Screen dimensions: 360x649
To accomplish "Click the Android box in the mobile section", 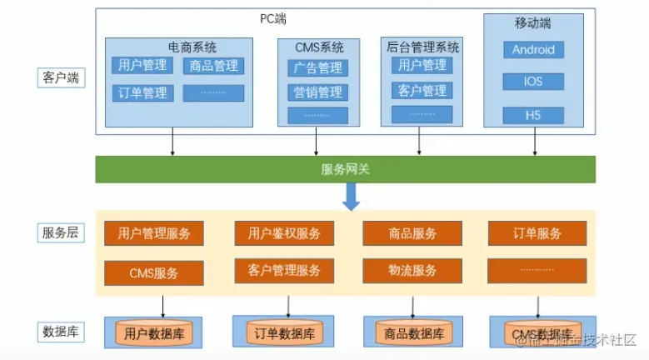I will [x=533, y=50].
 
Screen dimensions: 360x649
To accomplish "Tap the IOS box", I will [x=533, y=82].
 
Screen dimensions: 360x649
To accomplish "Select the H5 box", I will [x=533, y=115].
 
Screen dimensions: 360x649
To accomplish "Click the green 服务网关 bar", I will [x=346, y=169].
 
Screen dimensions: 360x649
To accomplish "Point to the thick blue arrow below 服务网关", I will [x=352, y=197].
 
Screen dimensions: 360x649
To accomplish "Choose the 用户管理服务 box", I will [x=154, y=233].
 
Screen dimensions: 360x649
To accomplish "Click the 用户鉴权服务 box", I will [x=284, y=233].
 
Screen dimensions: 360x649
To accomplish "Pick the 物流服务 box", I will [x=412, y=271].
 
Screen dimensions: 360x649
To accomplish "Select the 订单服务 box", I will [x=537, y=233].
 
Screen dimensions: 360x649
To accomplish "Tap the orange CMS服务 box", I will [x=154, y=272].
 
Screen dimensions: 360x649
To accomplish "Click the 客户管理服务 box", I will [x=284, y=271].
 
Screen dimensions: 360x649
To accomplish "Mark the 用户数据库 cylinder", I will [x=154, y=334].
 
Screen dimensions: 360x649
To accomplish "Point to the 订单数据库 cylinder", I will [x=284, y=333].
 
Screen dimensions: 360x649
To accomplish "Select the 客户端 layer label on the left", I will [x=61, y=78].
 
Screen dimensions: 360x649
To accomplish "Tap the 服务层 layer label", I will [x=61, y=232].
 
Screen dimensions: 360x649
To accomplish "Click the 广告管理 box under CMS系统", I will [x=317, y=67].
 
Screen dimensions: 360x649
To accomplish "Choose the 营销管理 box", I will [x=317, y=92].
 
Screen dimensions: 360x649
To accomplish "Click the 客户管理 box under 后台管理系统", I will [x=422, y=90].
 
